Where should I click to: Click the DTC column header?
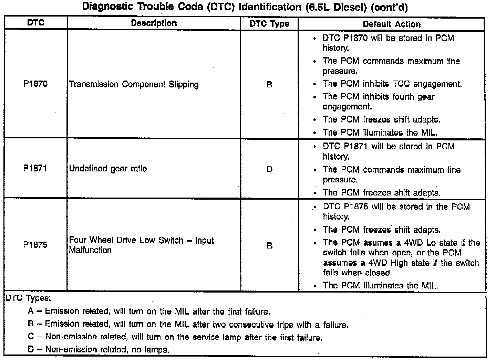click(x=35, y=23)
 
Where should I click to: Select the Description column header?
click(x=154, y=23)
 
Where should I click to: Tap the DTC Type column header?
click(x=269, y=24)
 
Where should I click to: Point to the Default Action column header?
click(x=392, y=24)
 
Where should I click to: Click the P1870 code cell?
click(x=35, y=84)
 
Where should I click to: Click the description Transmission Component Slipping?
click(x=134, y=85)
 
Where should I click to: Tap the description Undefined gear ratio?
click(x=108, y=169)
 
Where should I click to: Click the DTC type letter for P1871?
click(x=269, y=169)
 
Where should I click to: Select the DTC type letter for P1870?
click(x=269, y=85)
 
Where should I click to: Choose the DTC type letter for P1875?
click(x=269, y=246)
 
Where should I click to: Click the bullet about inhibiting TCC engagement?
click(x=392, y=84)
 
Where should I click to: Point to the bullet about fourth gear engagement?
click(x=378, y=102)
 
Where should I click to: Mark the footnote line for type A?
click(x=149, y=312)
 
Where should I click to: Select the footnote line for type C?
click(x=175, y=337)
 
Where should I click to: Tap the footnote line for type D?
click(x=99, y=350)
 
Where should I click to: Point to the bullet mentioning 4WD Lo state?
click(x=401, y=257)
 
